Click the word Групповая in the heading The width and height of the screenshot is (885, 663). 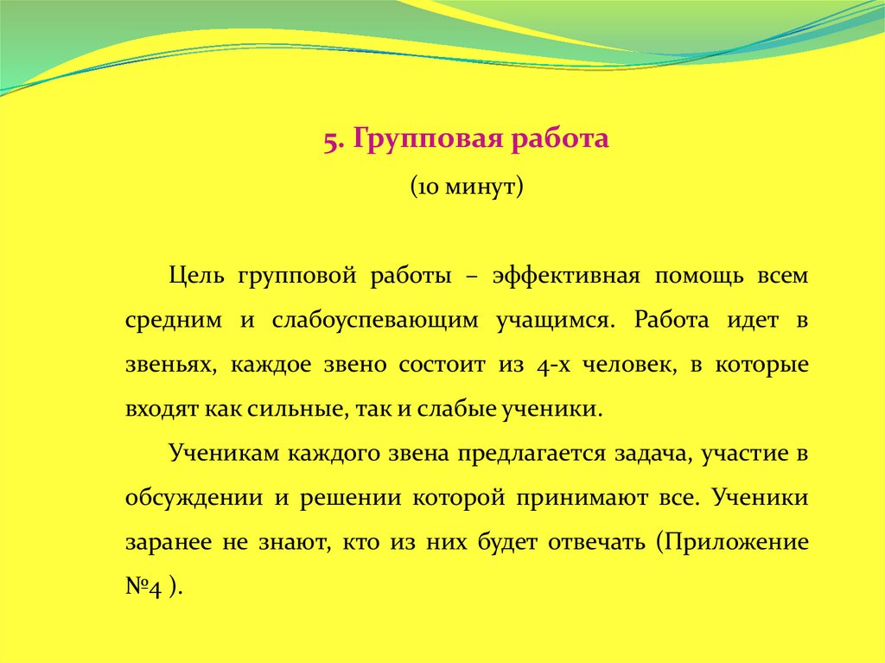point(429,140)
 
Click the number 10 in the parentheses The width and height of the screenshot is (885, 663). point(428,187)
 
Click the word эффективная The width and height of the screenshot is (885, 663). point(566,277)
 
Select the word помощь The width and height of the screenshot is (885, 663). point(698,277)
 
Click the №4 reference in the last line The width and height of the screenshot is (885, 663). point(144,587)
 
